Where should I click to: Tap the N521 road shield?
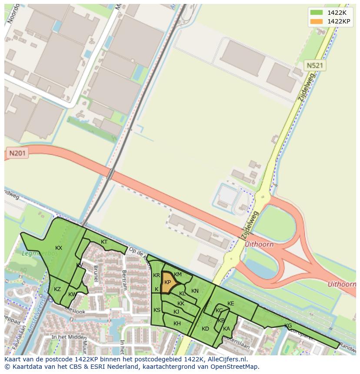(x=315, y=66)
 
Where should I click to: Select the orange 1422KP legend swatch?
(x=316, y=22)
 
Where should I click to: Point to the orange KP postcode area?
(x=168, y=282)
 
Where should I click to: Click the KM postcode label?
(x=178, y=275)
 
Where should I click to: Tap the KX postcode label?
(x=59, y=248)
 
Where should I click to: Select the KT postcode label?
(x=104, y=242)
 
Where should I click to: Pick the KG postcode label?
(x=288, y=326)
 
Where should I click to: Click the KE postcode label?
(x=231, y=304)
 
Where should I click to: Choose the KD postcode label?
(x=206, y=329)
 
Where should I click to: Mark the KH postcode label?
(x=177, y=324)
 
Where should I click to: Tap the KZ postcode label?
(x=57, y=289)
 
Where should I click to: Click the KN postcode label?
(x=195, y=291)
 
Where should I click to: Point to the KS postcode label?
(x=157, y=310)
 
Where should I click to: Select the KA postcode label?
(x=226, y=329)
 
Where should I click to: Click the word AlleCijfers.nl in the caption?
(x=227, y=359)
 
